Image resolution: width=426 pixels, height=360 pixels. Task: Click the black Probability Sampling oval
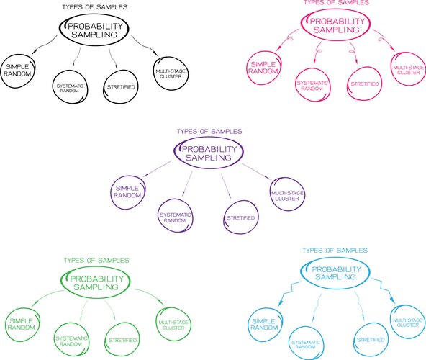(x=95, y=31)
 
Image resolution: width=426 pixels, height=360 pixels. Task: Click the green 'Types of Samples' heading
(x=96, y=259)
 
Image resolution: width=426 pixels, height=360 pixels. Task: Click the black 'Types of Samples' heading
(x=94, y=7)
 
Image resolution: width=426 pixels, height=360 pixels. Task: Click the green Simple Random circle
(x=23, y=325)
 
